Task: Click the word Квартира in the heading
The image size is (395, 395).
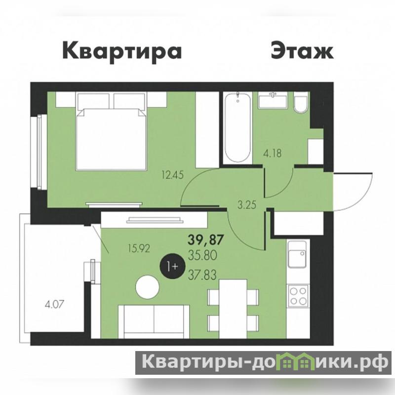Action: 122,52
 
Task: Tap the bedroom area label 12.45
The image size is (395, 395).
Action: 172,175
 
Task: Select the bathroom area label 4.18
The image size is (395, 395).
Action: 272,153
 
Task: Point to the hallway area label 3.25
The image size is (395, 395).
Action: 247,205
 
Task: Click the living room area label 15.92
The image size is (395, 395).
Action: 139,249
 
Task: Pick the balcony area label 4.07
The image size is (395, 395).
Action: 54,305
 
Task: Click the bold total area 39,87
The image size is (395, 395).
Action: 206,239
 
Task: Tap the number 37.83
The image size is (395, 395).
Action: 202,275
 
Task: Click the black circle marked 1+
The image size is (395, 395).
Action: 172,266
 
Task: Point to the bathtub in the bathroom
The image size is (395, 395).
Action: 237,127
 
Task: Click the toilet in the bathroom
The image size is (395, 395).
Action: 301,103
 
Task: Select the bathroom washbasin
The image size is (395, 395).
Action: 273,100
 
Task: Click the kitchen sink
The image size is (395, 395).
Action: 298,255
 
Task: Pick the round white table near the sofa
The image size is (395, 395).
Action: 147,287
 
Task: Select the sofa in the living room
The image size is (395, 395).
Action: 154,322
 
